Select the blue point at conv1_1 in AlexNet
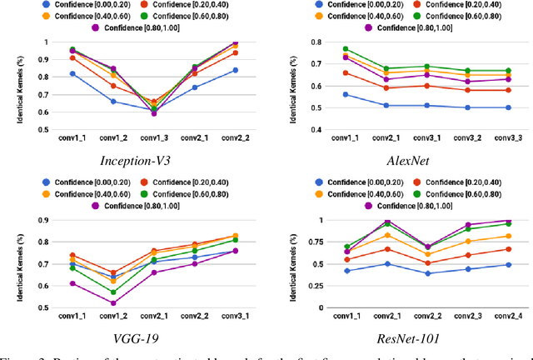click(322, 94)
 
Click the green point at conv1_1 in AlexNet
click(322, 49)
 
